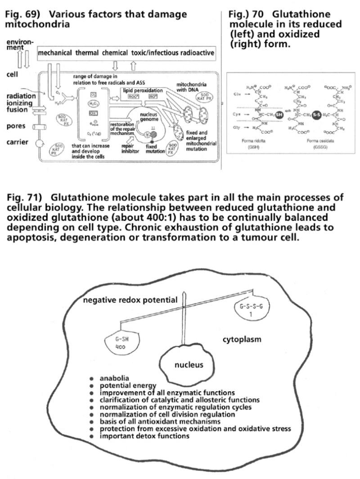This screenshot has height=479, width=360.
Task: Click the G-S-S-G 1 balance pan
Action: coord(247,310)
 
